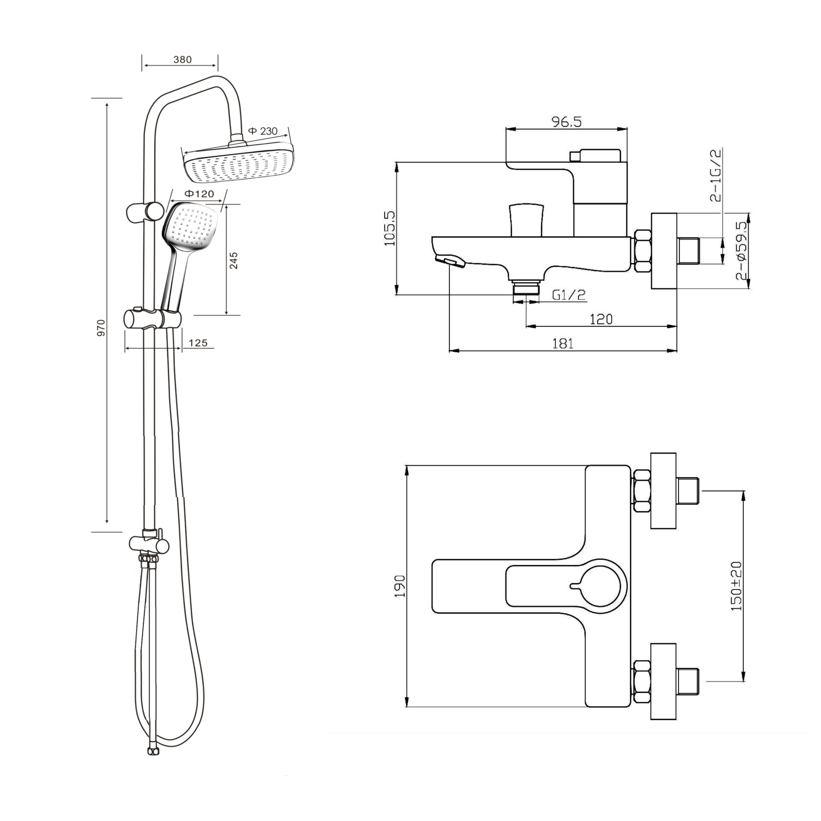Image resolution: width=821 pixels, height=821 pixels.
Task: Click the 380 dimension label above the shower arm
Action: (x=182, y=60)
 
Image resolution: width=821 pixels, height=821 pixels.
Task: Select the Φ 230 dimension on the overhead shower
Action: (x=263, y=131)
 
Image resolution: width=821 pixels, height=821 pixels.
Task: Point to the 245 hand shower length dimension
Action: (x=233, y=261)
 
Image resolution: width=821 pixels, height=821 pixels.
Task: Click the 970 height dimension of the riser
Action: (x=101, y=328)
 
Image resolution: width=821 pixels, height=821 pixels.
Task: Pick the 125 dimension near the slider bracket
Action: (x=198, y=342)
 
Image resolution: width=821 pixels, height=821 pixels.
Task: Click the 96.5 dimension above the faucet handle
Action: (x=566, y=122)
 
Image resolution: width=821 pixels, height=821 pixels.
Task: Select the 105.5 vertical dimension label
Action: (x=389, y=228)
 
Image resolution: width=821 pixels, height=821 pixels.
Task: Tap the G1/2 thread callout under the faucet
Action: (x=569, y=294)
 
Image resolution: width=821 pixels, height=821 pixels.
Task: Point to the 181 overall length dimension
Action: (x=563, y=343)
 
